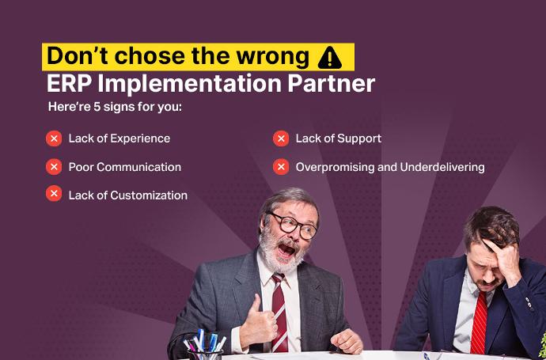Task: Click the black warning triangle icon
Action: [329, 58]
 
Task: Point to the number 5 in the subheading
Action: [97, 107]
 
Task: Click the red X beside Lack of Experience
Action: [54, 138]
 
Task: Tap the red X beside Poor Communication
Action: [54, 167]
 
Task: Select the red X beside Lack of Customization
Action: [54, 194]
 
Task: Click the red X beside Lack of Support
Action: [281, 138]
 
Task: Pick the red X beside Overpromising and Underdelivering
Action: [281, 167]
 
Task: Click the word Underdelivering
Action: [442, 167]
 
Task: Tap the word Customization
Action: [149, 195]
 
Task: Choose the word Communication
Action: [138, 167]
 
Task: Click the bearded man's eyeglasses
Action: [293, 225]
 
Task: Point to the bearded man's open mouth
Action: [286, 250]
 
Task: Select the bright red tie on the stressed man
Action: [480, 322]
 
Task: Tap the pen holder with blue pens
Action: [205, 347]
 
